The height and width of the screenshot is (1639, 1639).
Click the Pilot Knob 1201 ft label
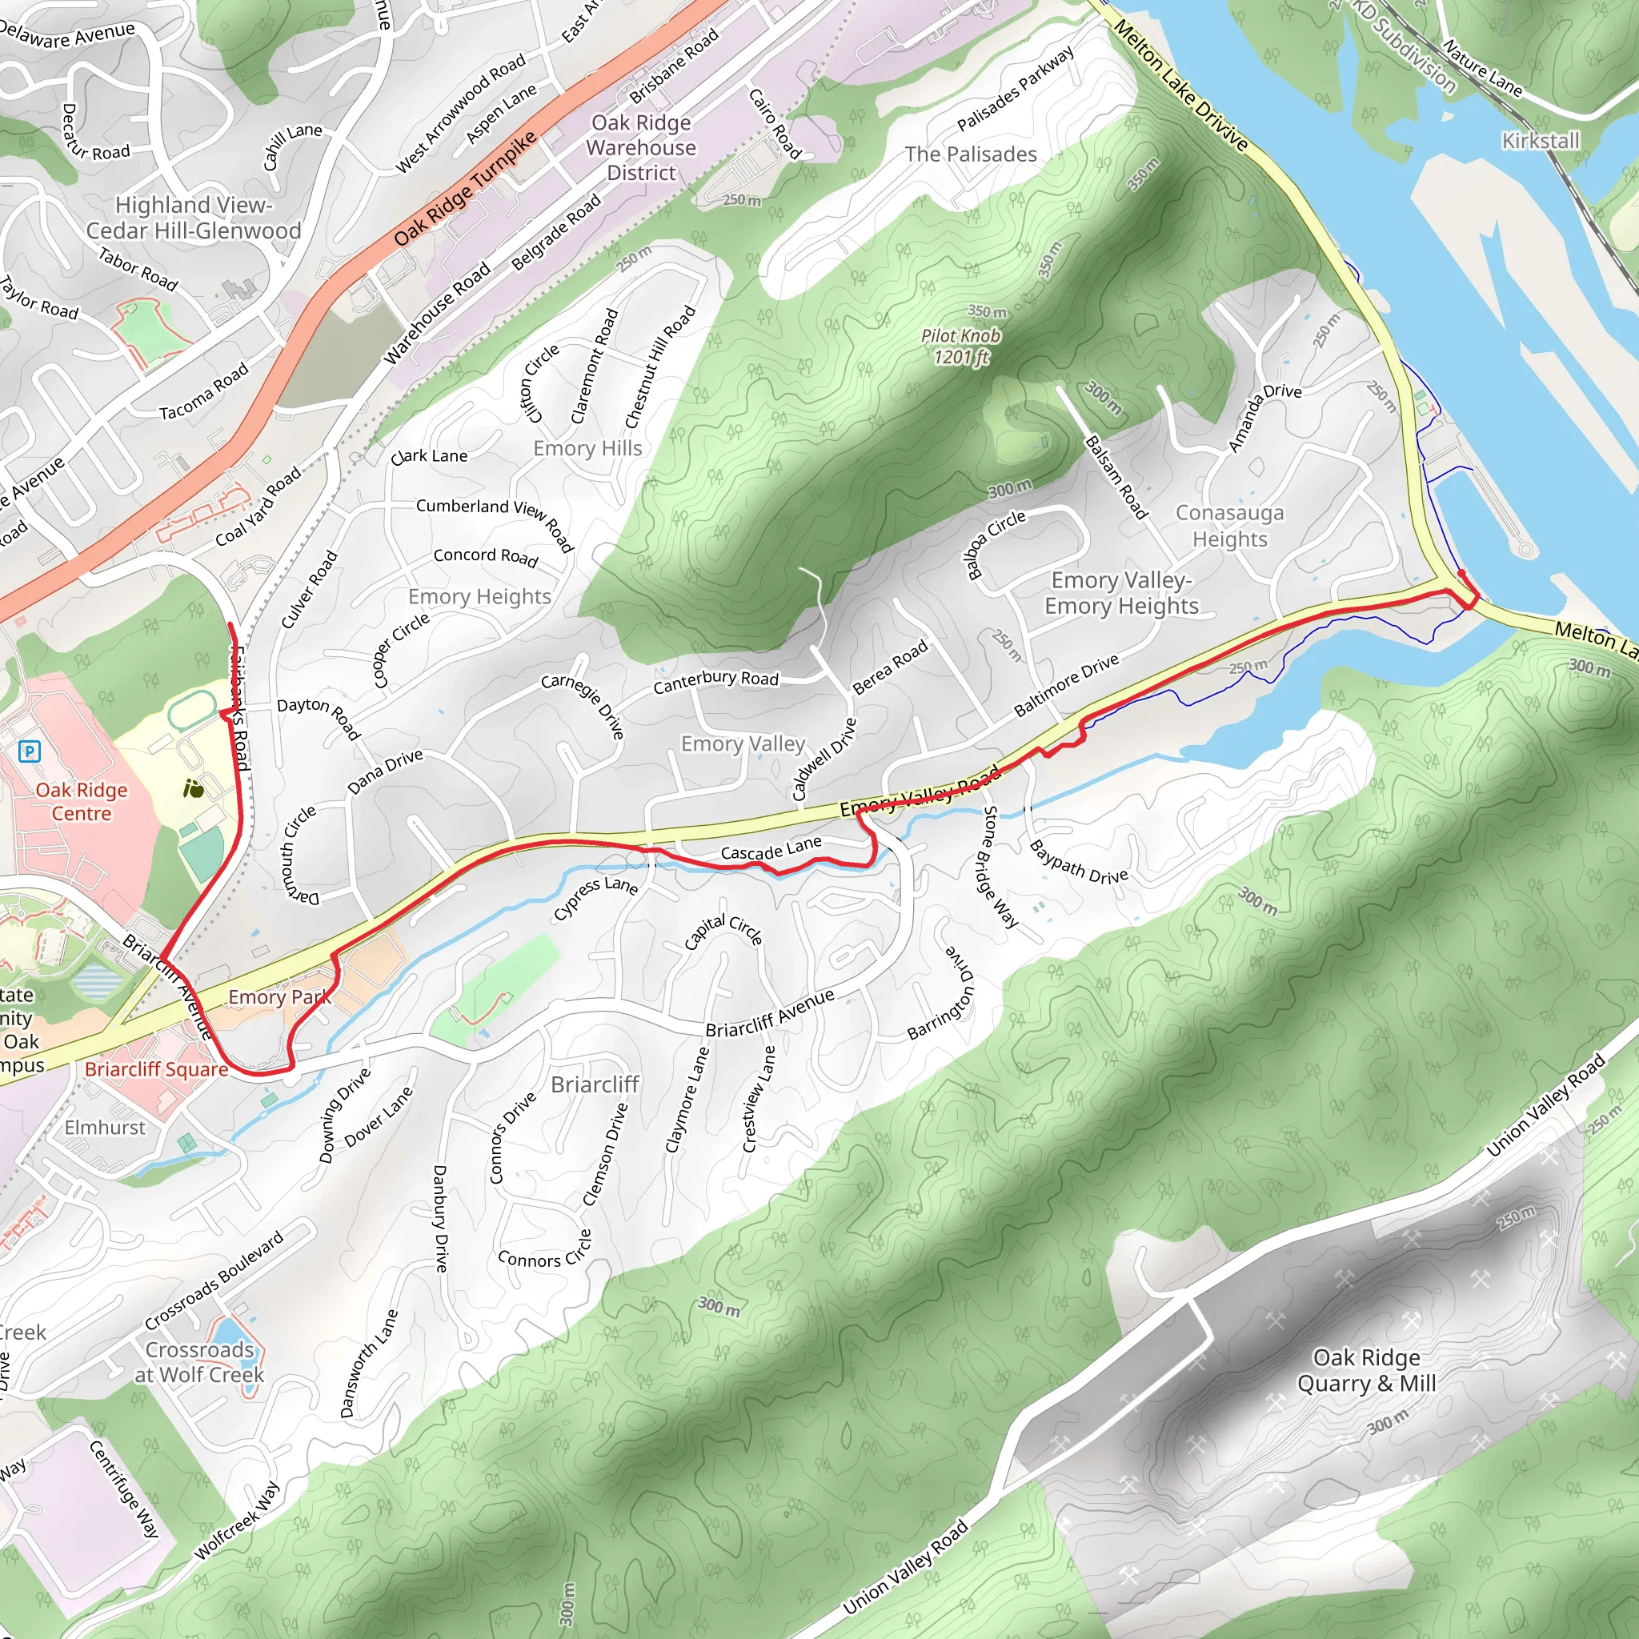tap(960, 346)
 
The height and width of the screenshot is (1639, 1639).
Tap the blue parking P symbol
tap(30, 750)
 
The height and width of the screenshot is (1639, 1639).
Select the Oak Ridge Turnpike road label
tap(465, 189)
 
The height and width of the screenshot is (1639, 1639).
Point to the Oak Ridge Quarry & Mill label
tap(1366, 1369)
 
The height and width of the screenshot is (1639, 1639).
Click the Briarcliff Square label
tap(156, 1068)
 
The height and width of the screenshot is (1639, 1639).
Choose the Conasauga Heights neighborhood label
tap(1229, 525)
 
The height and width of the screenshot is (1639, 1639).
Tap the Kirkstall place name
tap(1541, 140)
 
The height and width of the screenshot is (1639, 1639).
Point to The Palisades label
tap(971, 154)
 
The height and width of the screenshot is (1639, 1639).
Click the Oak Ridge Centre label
tap(82, 801)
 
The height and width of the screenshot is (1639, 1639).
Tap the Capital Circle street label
tap(723, 931)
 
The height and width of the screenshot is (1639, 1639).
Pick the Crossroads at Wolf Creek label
tap(199, 1360)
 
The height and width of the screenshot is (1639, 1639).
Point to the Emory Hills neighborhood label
tap(587, 448)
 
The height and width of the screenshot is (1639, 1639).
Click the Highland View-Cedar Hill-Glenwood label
tap(194, 217)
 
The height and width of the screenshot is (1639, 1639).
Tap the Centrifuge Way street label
tap(125, 1489)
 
